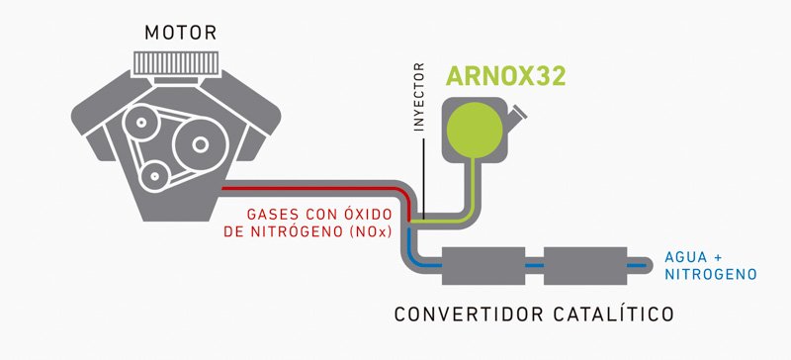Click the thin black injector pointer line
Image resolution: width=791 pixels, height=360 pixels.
point(424,178)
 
